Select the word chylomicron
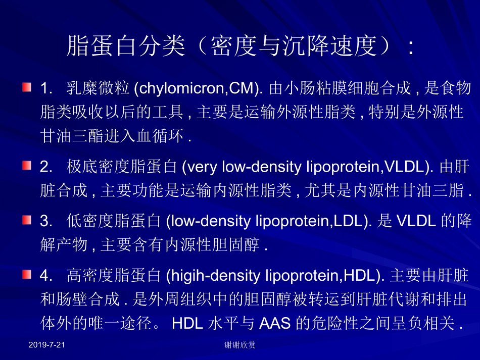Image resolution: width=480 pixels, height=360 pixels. click(x=174, y=89)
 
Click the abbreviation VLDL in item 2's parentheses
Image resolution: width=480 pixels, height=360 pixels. click(x=402, y=166)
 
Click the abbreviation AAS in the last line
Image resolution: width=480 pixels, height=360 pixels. click(x=275, y=323)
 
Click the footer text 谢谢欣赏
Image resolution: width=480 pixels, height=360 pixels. click(x=239, y=345)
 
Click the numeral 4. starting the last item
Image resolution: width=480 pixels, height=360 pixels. click(x=46, y=276)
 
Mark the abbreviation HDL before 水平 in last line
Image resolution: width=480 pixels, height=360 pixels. click(x=188, y=323)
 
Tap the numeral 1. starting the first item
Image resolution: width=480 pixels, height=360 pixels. click(x=46, y=89)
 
